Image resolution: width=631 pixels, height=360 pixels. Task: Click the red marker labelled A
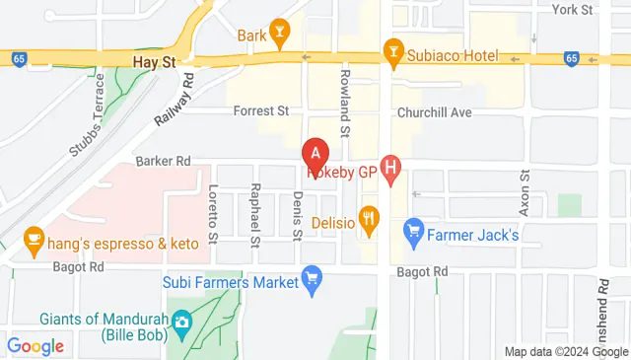coord(315,154)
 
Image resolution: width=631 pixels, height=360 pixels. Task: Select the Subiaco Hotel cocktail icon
coord(393,50)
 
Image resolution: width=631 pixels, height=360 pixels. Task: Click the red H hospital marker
coord(391,171)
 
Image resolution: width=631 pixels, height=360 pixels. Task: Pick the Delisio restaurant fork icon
coord(370,221)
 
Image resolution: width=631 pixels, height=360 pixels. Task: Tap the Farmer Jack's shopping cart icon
coord(414,234)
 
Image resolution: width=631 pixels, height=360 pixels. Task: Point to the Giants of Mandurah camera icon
coord(181,323)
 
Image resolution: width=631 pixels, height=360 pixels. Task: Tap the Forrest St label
coord(260,112)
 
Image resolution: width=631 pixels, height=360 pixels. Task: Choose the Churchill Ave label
coord(435,112)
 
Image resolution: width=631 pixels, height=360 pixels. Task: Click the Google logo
coord(35,346)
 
